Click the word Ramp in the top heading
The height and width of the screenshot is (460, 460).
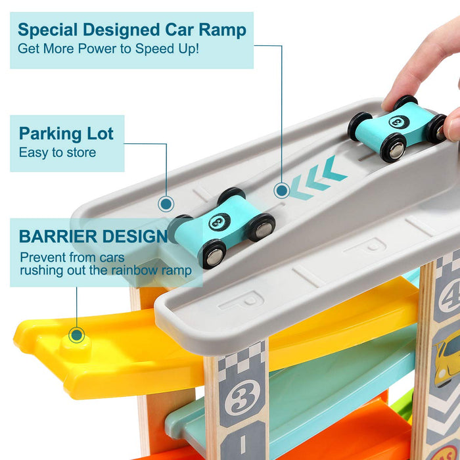(x=222, y=31)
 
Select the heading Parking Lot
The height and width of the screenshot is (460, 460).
(x=66, y=133)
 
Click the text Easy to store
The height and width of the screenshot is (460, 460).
(x=58, y=152)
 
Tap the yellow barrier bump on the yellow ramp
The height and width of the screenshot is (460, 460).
(x=76, y=347)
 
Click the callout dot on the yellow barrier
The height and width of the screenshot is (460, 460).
(x=77, y=335)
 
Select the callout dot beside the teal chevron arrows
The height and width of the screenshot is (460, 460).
(x=282, y=191)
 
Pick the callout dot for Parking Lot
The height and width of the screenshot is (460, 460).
(x=166, y=204)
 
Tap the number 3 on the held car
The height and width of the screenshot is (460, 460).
(x=399, y=121)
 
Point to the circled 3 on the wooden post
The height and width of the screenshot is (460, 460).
(x=242, y=398)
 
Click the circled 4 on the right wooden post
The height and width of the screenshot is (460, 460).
(x=449, y=298)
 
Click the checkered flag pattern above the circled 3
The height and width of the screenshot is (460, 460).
(x=242, y=359)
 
